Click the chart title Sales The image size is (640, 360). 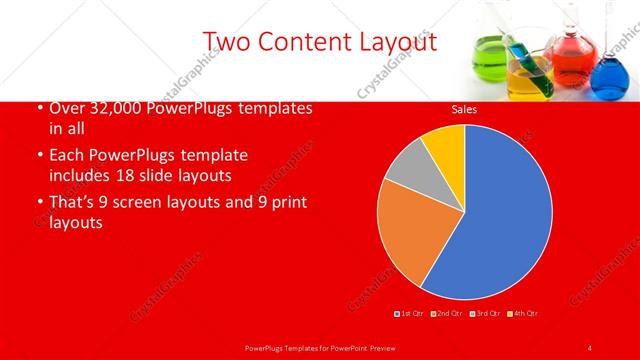464,109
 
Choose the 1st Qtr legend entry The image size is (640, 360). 411,314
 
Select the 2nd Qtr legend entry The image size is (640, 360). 449,314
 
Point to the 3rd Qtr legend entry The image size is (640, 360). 487,314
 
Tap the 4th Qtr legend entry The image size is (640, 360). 524,314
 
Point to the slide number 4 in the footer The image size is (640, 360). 590,347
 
